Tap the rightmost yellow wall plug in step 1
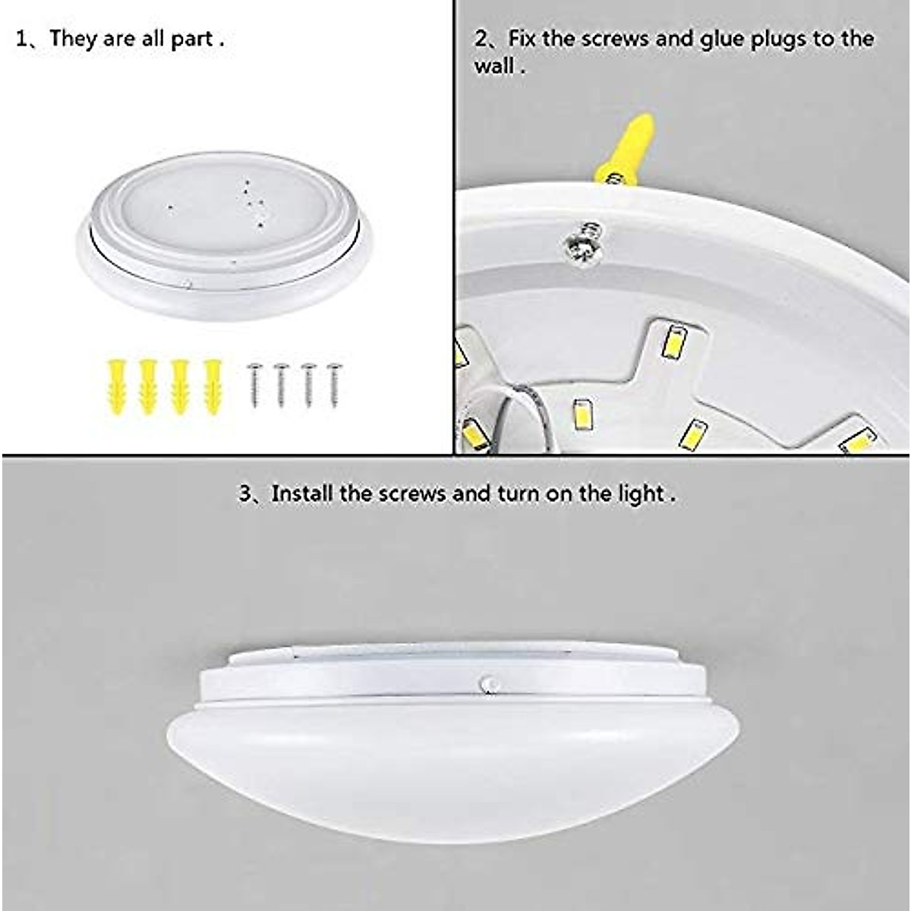[213, 386]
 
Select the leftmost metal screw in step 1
[254, 385]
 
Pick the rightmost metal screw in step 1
[333, 385]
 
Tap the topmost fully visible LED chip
[673, 342]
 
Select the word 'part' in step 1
[191, 39]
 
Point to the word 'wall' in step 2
[494, 67]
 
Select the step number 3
[246, 494]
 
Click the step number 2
[481, 39]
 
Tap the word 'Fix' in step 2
[522, 39]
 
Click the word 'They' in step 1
[74, 39]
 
